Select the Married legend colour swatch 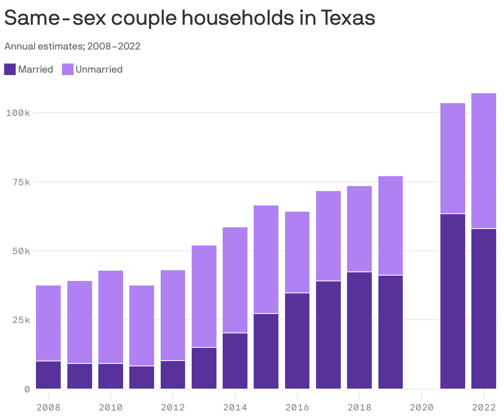click(x=10, y=69)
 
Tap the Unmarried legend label click(x=99, y=69)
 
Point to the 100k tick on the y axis click(x=18, y=113)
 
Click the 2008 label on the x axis click(x=48, y=408)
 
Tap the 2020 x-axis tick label click(x=421, y=408)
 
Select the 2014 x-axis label click(x=235, y=408)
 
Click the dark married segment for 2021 click(x=453, y=301)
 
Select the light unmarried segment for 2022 click(x=484, y=161)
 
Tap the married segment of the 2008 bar click(x=48, y=375)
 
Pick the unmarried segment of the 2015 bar click(x=266, y=259)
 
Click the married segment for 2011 click(x=142, y=378)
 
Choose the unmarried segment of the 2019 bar click(x=390, y=226)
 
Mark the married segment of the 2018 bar click(x=359, y=330)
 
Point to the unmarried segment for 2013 click(x=204, y=296)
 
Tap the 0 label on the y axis click(x=27, y=389)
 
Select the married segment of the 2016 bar click(x=297, y=341)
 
